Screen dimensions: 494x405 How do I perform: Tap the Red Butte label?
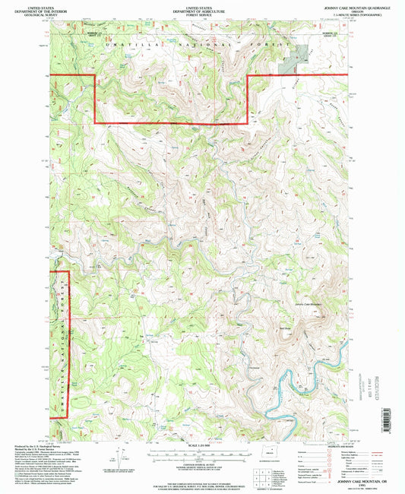tap(286, 328)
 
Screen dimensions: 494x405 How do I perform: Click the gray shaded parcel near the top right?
tap(298, 58)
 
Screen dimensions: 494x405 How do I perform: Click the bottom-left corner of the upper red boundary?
tap(93, 122)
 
